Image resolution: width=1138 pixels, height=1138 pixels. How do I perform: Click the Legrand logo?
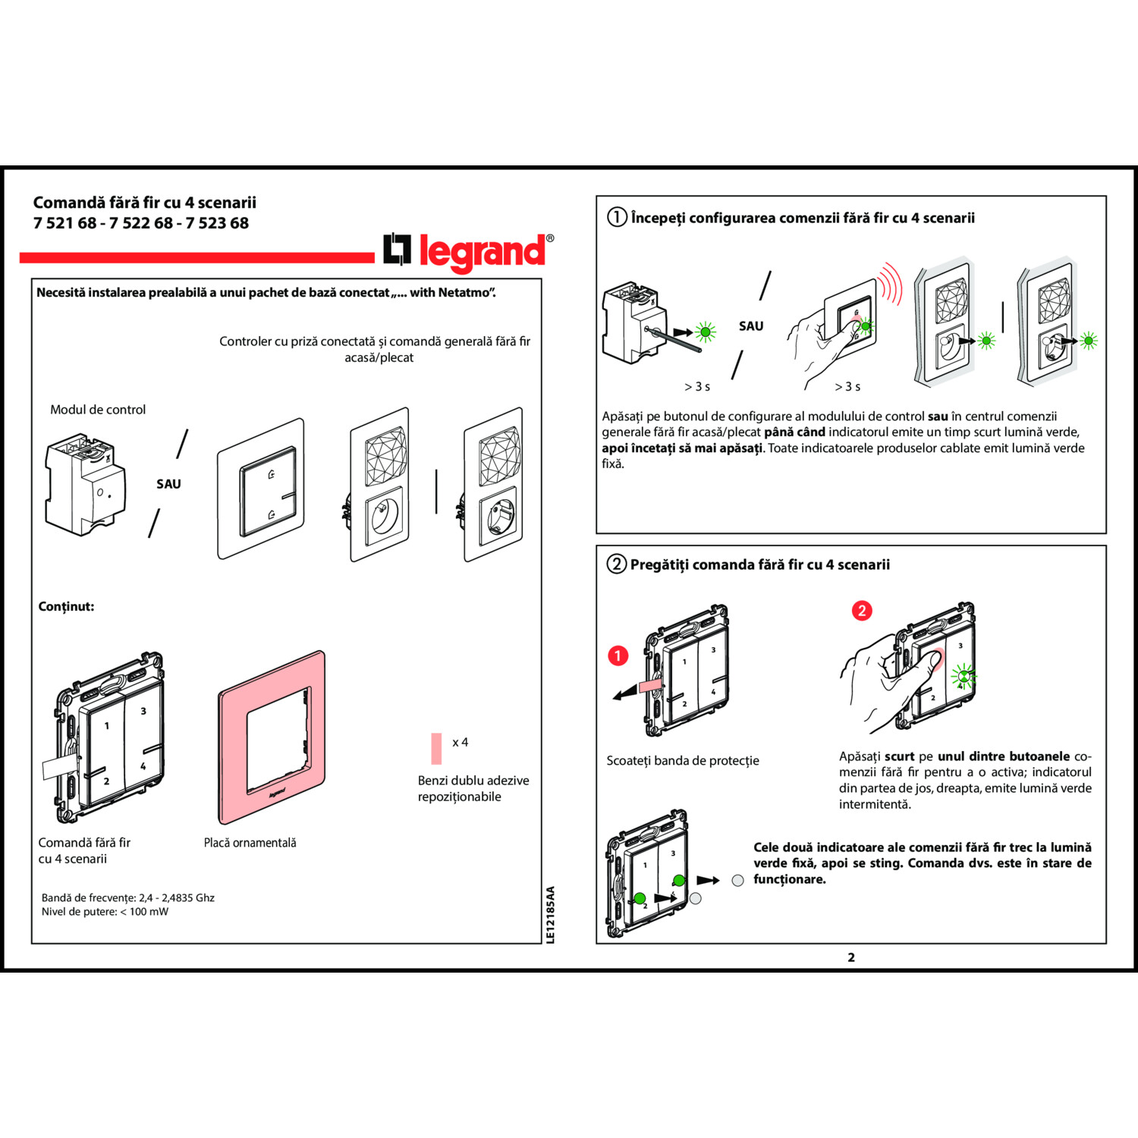point(469,251)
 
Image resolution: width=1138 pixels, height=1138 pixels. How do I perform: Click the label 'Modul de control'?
point(98,410)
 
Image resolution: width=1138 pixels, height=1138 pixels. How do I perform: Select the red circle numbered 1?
point(618,655)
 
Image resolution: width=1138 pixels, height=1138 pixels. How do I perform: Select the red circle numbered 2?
point(862,611)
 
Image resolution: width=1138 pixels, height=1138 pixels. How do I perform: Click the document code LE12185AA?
point(551,914)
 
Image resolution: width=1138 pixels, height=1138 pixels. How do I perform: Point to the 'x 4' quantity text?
point(460,742)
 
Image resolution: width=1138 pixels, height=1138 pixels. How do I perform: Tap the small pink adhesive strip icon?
point(436,748)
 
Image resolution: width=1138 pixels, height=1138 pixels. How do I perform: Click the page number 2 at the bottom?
point(851,957)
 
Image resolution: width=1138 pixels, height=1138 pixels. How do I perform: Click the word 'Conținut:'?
point(66,606)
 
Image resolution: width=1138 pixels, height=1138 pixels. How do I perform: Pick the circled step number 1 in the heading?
point(617,218)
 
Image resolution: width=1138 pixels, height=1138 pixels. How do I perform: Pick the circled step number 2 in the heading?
point(617,564)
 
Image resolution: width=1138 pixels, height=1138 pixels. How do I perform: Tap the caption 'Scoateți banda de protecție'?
point(682,760)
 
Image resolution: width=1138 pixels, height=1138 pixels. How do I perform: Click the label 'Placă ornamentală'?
point(250,842)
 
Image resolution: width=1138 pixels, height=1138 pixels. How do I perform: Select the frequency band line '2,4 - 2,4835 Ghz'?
point(127,898)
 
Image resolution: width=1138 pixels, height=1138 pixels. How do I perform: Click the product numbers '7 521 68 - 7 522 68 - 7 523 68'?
point(141,223)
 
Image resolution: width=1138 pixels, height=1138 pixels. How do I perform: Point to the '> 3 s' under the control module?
point(697,387)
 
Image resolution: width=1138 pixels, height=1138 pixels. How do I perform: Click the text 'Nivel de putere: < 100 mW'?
point(105,911)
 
